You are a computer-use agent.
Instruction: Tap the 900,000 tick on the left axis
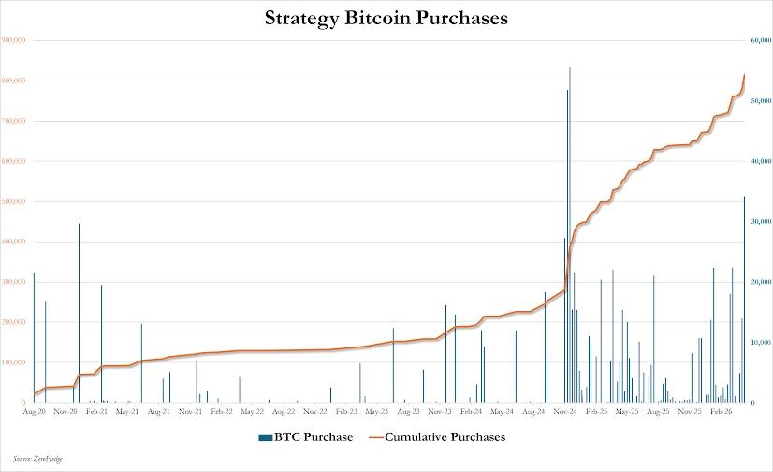(14, 40)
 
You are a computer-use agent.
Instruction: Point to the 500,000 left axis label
(14, 201)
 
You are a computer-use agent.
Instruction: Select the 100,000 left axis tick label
(14, 362)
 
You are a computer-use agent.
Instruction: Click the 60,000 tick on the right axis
(760, 40)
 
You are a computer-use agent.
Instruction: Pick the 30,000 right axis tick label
(760, 222)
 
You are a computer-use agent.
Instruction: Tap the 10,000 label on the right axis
(760, 343)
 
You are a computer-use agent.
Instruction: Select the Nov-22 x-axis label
(314, 411)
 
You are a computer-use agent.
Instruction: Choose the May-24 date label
(502, 411)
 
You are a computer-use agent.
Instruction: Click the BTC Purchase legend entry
(305, 436)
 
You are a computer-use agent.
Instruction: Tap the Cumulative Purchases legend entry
(437, 436)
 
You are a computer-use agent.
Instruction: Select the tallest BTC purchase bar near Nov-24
(570, 234)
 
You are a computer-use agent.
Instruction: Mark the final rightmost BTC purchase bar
(744, 300)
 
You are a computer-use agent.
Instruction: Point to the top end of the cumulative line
(744, 75)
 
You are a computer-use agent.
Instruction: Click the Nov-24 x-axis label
(564, 411)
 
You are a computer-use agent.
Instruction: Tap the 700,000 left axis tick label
(14, 121)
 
